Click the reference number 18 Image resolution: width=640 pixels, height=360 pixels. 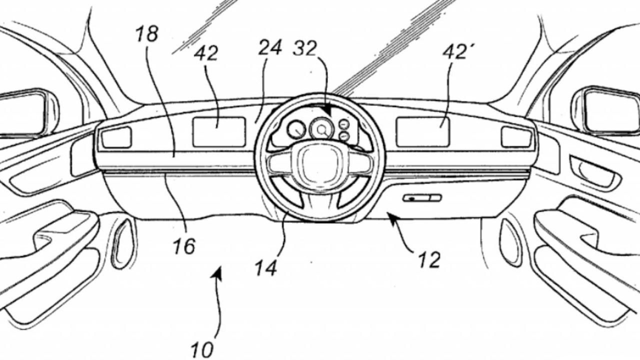click(147, 34)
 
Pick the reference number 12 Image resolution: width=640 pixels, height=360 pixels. click(428, 259)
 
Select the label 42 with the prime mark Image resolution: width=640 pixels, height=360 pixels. click(454, 52)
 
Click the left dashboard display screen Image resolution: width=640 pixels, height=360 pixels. click(219, 132)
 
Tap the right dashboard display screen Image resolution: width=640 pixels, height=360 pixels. click(423, 132)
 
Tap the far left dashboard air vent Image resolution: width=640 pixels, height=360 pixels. click(116, 137)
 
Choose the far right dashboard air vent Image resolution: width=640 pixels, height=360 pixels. click(516, 136)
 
